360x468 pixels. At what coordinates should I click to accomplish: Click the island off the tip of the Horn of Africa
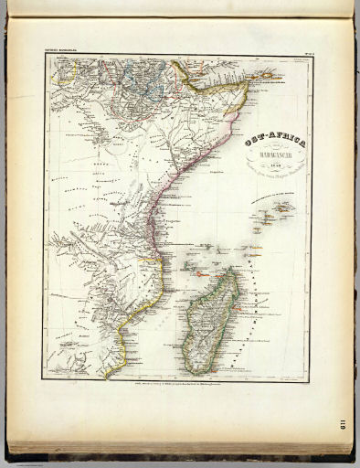266,71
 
